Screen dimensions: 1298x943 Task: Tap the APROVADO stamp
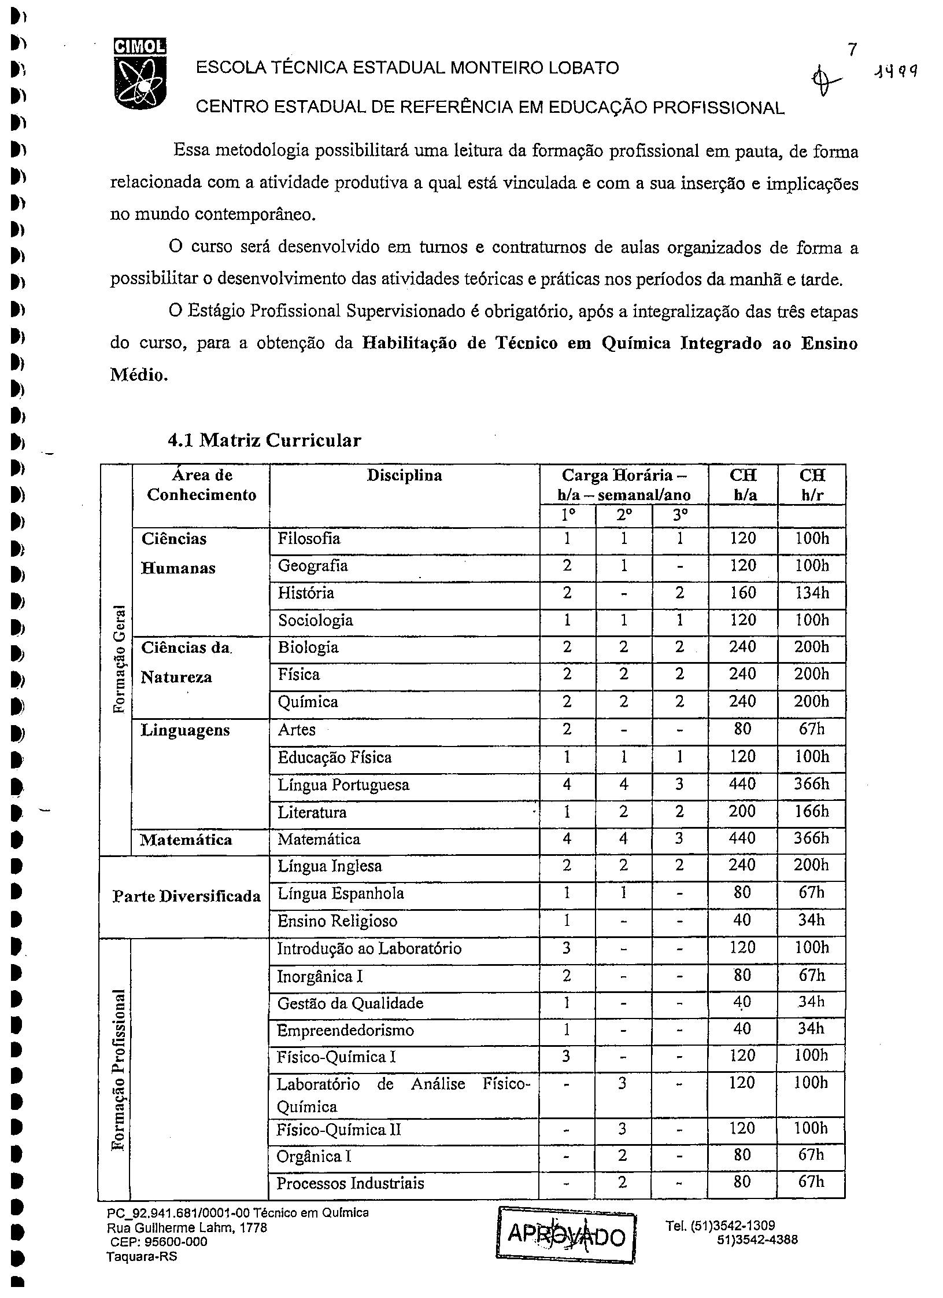tap(565, 1235)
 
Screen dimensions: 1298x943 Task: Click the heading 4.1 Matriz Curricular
tap(264, 440)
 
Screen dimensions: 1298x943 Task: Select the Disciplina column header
tap(404, 476)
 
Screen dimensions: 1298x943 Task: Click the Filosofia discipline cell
tap(309, 539)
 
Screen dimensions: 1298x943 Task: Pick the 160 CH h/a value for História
tap(742, 593)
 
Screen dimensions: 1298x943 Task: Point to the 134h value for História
tap(812, 593)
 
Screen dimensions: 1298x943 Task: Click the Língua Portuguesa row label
tap(343, 785)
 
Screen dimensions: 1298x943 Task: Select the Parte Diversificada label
tap(187, 896)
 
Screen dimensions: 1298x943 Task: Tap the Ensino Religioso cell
tap(337, 921)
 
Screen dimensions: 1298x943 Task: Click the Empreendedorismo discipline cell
tap(345, 1031)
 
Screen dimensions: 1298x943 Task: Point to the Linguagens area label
tap(185, 730)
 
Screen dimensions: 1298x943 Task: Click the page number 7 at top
tap(851, 50)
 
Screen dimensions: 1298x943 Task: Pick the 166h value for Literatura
tap(812, 812)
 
